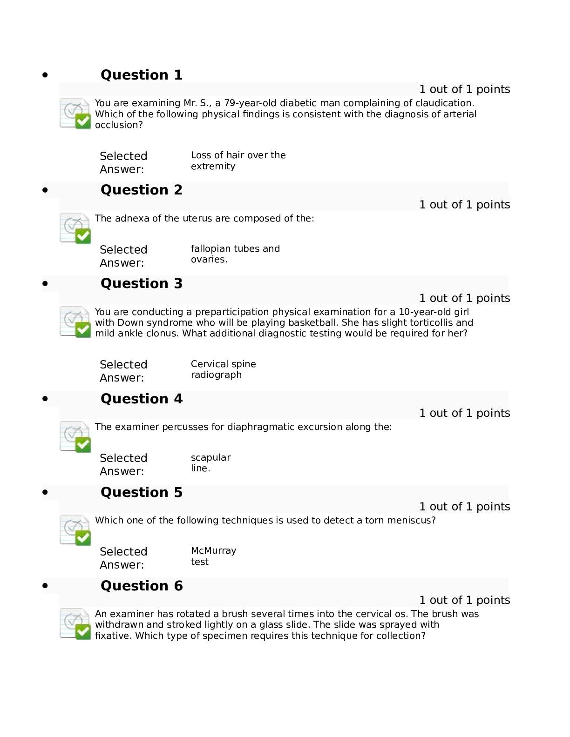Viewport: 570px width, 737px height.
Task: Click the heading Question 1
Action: [141, 74]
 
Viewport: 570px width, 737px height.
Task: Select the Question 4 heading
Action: [141, 399]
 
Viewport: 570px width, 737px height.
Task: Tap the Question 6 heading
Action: [141, 586]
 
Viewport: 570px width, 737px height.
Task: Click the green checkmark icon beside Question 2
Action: [83, 236]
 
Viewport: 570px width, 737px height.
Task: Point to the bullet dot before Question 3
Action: [45, 283]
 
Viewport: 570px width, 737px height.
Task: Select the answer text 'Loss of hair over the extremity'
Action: [238, 161]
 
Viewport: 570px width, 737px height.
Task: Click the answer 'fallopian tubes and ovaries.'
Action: [235, 254]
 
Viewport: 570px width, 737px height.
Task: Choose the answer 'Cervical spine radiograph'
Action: [224, 369]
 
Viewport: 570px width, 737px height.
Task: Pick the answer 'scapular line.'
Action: [210, 462]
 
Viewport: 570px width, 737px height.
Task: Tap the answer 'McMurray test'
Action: [213, 556]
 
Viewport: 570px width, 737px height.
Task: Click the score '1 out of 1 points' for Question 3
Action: [464, 298]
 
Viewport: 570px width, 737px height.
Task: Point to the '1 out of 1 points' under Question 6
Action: [464, 600]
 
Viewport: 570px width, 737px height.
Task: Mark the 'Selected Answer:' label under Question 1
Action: [123, 162]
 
